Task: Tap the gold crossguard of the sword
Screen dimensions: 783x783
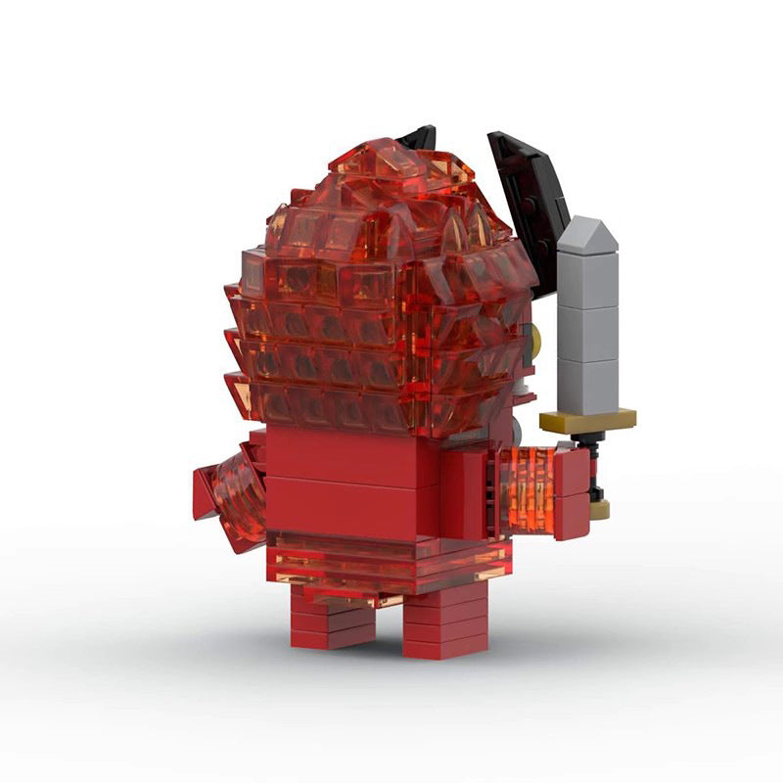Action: pos(587,420)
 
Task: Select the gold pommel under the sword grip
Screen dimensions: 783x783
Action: pos(599,509)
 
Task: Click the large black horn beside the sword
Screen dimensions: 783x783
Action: pos(529,196)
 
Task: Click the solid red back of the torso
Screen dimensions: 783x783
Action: pos(352,480)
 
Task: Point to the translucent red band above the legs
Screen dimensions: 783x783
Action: pos(391,563)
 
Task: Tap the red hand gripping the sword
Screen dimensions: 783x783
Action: pos(572,489)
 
